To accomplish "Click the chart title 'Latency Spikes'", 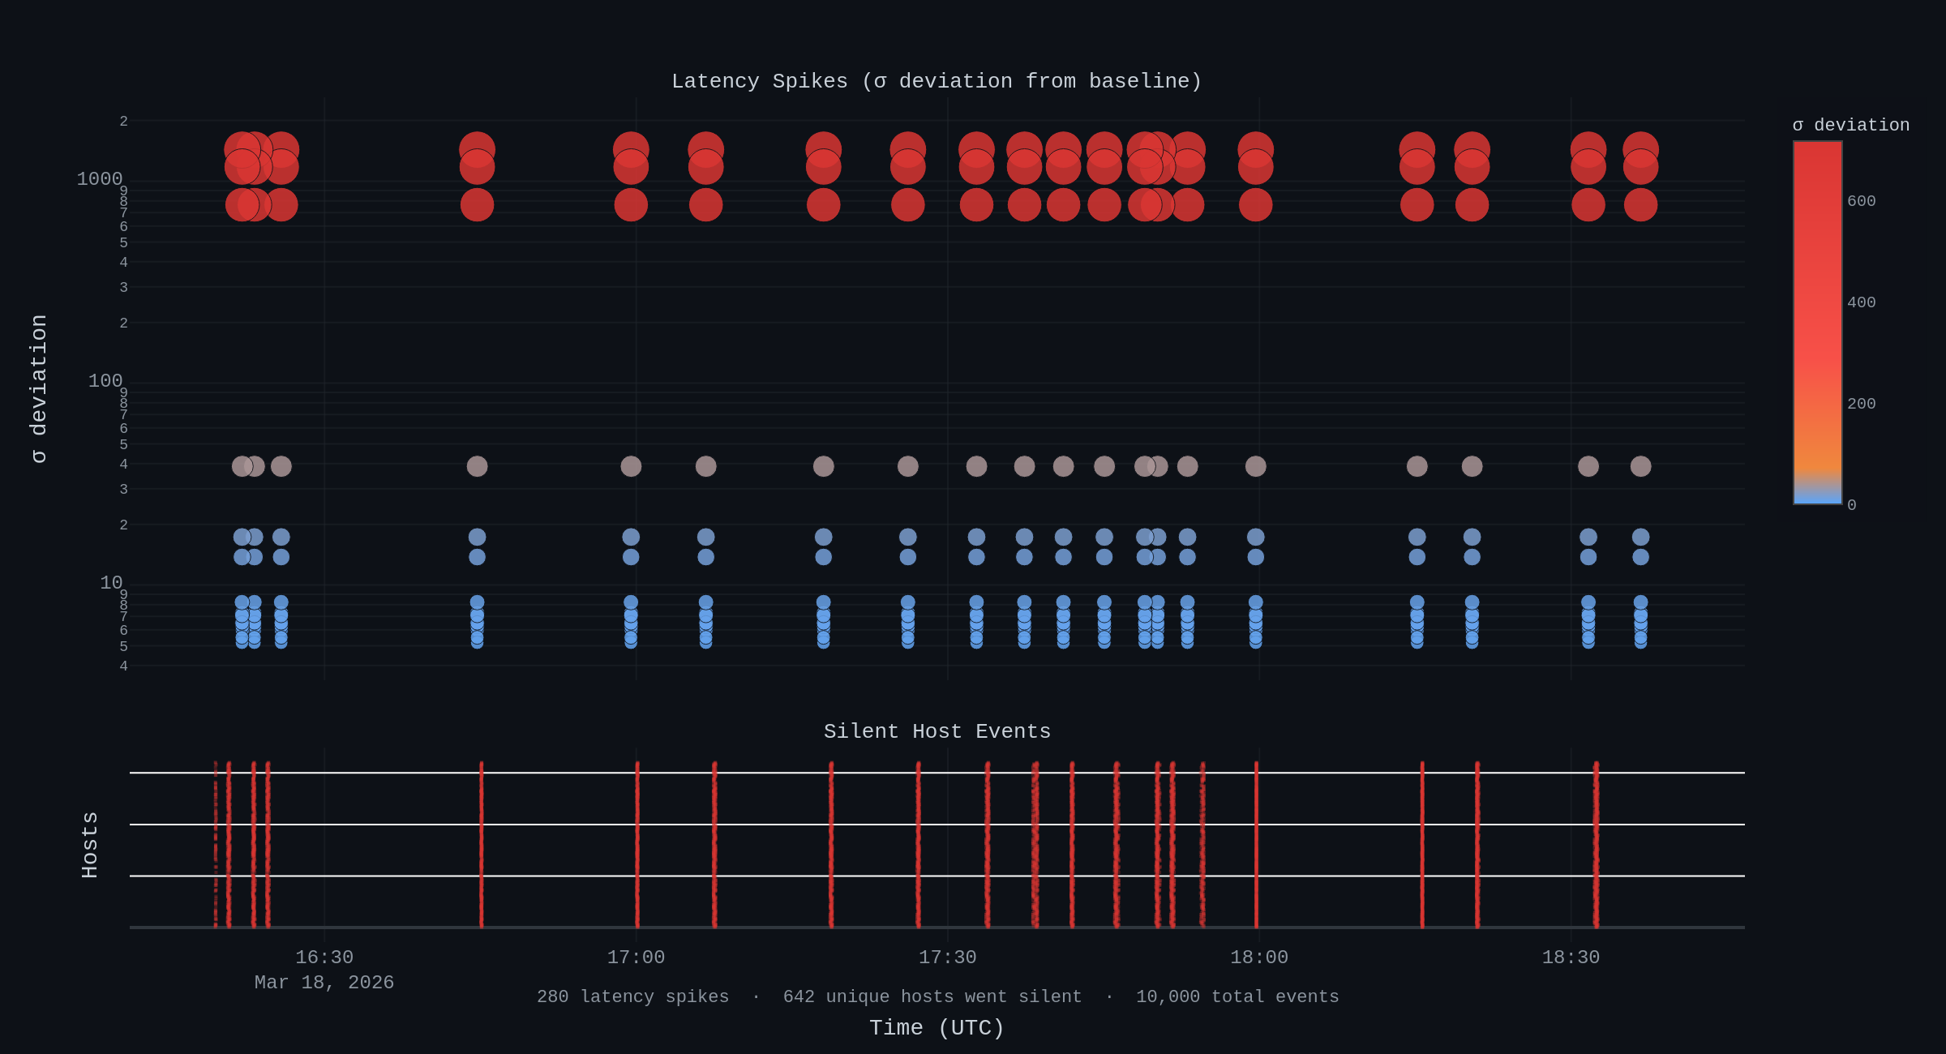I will coord(937,81).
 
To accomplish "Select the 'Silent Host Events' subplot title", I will coord(937,731).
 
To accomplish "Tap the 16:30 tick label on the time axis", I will coord(324,958).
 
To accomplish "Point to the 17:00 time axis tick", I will coord(636,958).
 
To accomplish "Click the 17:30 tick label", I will coord(947,958).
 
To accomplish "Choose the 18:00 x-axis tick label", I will coord(1258,958).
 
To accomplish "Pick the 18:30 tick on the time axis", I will coord(1571,958).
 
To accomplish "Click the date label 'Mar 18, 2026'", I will coord(324,983).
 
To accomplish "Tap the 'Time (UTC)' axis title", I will coord(937,1028).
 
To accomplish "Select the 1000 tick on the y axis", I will coord(100,179).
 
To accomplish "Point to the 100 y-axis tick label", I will coord(105,381).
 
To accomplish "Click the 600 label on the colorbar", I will coord(1861,201).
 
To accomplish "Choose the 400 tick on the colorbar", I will coord(1861,302).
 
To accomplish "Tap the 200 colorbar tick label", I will coord(1861,404).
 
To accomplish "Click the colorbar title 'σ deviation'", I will coord(1851,125).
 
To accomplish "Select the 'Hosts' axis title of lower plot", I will coord(89,845).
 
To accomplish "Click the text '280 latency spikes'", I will coord(632,996).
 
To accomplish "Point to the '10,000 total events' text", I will coord(1237,996).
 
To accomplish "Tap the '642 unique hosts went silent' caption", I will coord(932,996).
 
